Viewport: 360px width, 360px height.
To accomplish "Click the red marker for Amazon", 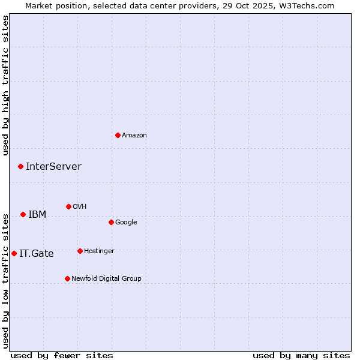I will coord(118,135).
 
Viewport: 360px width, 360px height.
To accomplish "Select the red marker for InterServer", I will coord(20,166).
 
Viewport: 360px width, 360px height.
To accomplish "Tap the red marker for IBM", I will coord(23,214).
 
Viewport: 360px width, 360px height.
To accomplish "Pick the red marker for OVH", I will coord(68,206).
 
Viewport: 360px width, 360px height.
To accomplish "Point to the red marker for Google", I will coord(111,222).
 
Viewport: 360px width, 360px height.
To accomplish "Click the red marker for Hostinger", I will coord(80,251).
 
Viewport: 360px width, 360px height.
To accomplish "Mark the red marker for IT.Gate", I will coord(14,253).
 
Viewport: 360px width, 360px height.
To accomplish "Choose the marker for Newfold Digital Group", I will coord(67,278).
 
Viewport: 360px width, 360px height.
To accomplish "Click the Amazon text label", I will coord(134,136).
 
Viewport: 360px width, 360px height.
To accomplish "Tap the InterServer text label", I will coord(53,167).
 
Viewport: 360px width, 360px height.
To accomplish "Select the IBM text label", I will coord(37,215).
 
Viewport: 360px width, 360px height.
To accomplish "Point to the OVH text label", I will coord(80,207).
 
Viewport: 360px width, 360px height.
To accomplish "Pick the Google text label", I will coord(126,223).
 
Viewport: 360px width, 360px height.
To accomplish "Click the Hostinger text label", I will coord(99,251).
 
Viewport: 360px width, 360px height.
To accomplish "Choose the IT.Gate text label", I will coord(37,254).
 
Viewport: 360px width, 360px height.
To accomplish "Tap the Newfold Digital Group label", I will coord(106,279).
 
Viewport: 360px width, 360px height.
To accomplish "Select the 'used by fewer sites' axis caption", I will coord(62,355).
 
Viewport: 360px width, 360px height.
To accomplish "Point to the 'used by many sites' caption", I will coord(301,355).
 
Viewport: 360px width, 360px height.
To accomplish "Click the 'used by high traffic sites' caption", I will coord(6,86).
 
